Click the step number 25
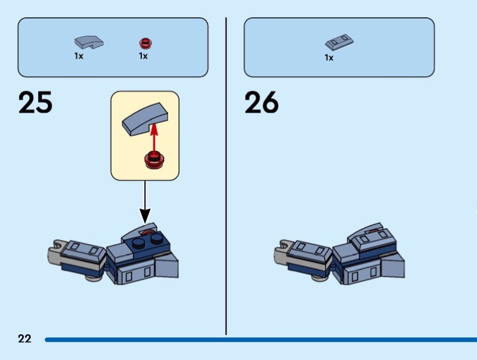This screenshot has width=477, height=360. click(35, 103)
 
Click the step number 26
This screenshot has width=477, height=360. click(261, 103)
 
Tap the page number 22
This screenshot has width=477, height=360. click(24, 339)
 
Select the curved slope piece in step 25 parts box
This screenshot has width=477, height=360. click(88, 42)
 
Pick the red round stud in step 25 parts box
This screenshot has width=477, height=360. click(144, 42)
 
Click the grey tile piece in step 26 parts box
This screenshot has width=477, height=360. click(340, 42)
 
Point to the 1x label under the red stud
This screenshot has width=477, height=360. click(143, 56)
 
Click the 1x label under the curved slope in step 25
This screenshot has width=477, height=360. click(79, 56)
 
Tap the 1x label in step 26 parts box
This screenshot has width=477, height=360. click(329, 58)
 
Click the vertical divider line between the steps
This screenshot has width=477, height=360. click(226, 179)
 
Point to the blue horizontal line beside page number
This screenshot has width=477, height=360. click(256, 340)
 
